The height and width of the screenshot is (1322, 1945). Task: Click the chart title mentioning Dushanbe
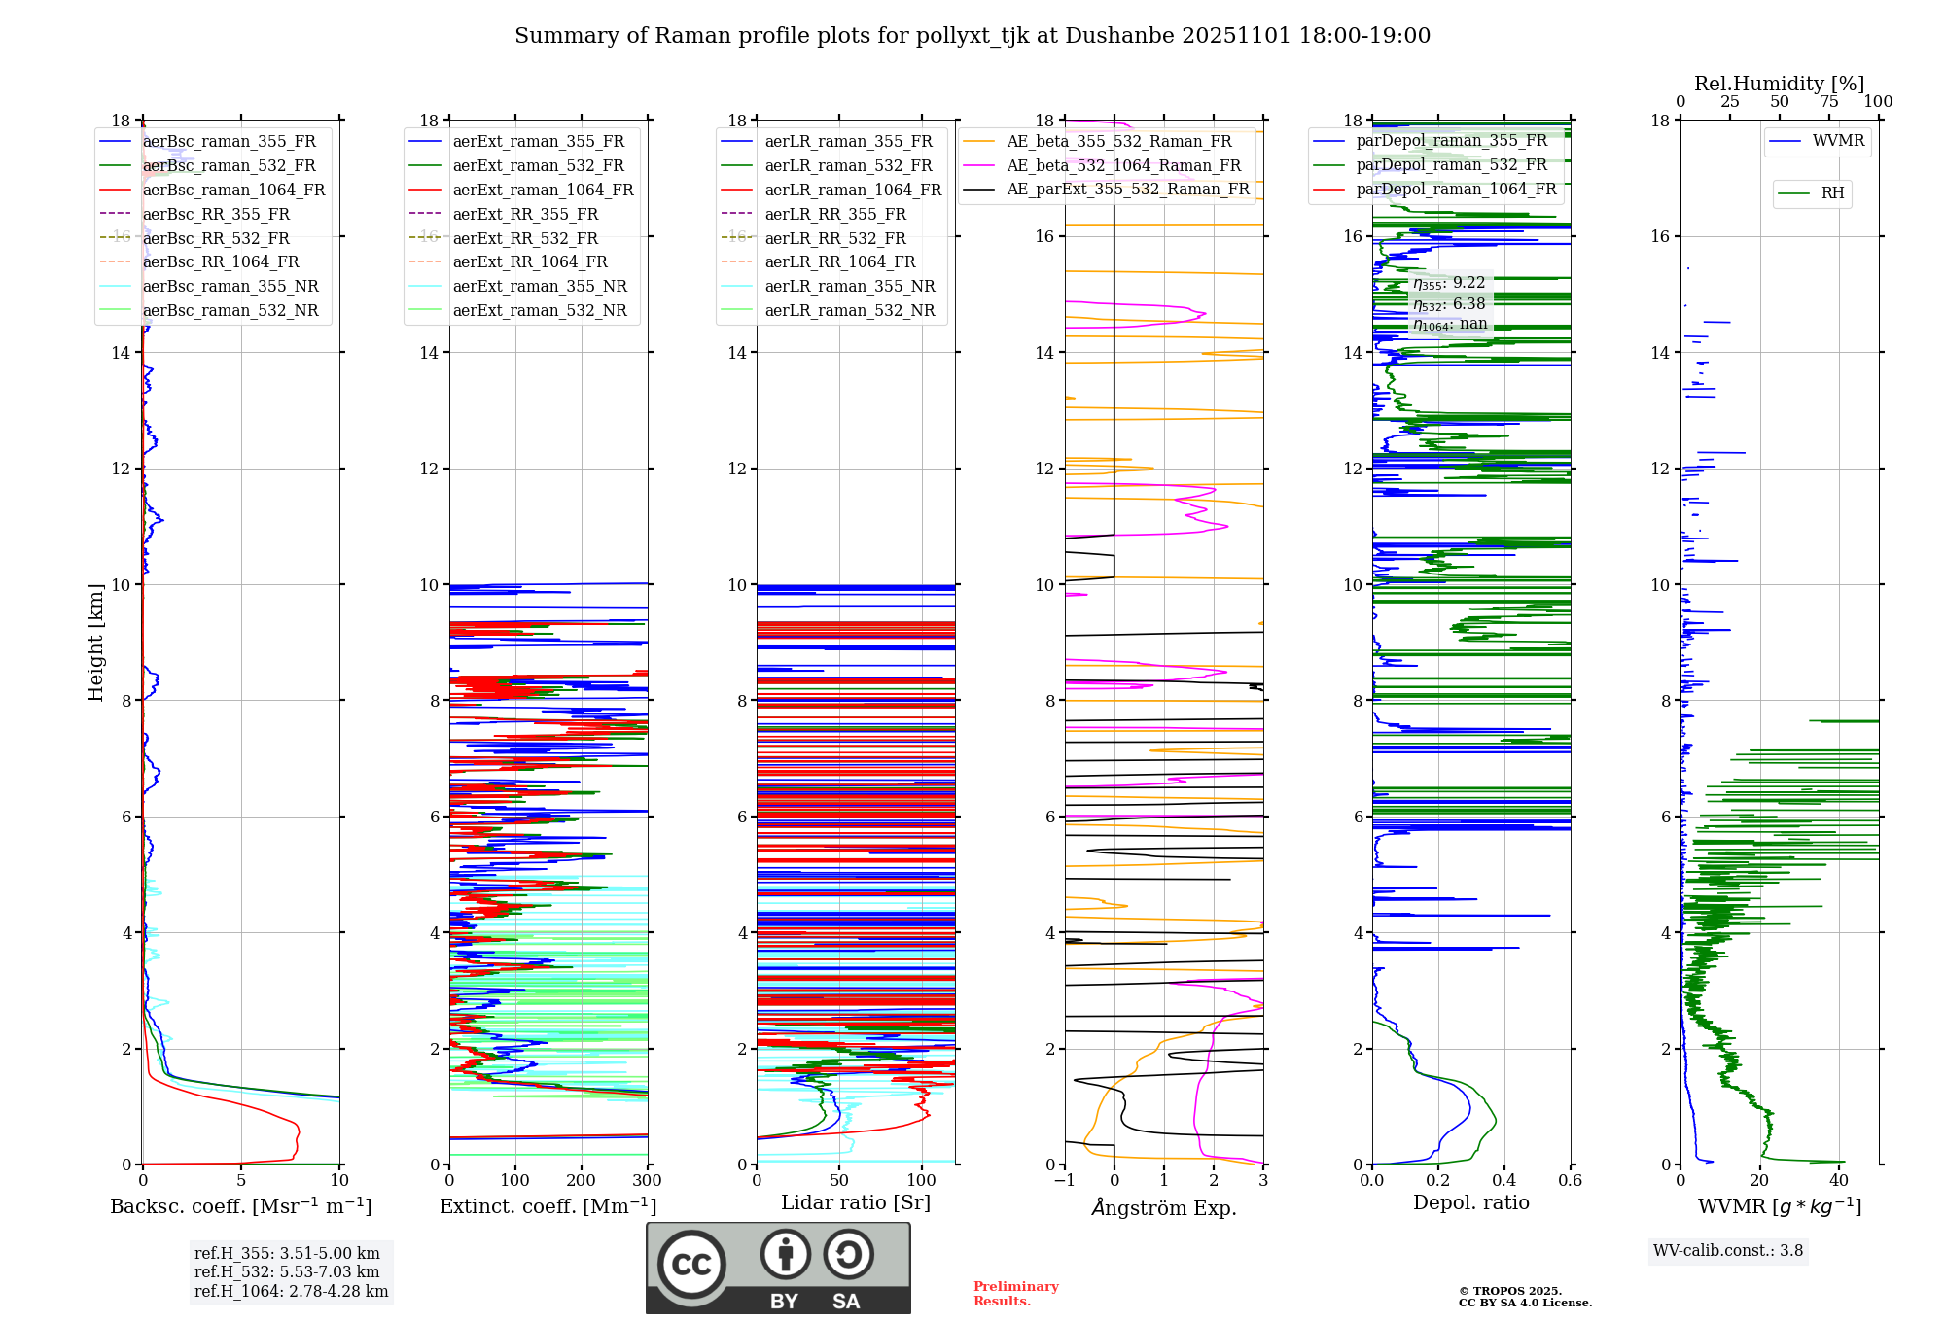coord(972,36)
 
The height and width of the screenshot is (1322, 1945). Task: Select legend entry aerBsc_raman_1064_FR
coord(233,191)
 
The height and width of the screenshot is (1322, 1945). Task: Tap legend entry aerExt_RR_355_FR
coord(525,215)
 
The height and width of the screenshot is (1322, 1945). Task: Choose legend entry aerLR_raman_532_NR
coord(849,311)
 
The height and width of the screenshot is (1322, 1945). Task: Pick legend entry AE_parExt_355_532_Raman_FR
coord(1128,190)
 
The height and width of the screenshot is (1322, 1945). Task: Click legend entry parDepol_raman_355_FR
coord(1451,141)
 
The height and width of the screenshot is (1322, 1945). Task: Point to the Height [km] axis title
coord(95,643)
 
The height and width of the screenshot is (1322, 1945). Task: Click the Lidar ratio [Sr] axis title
coord(856,1203)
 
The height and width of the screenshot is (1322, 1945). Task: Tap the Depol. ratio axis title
coord(1470,1203)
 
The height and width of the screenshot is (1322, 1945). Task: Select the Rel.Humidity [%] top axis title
coord(1779,84)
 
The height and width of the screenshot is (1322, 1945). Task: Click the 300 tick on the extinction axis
coord(647,1181)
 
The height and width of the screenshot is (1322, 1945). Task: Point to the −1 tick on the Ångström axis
coord(1065,1181)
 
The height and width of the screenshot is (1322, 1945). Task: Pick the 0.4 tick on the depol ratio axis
coord(1503,1181)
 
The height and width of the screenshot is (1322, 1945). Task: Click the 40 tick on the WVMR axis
coord(1838,1181)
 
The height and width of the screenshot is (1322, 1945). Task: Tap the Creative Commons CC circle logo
coord(691,1265)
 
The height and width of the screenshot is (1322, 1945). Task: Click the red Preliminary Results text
coord(1015,1294)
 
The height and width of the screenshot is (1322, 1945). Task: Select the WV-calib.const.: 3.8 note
coord(1728,1251)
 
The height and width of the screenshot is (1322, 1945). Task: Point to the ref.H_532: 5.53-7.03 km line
coord(287,1272)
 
